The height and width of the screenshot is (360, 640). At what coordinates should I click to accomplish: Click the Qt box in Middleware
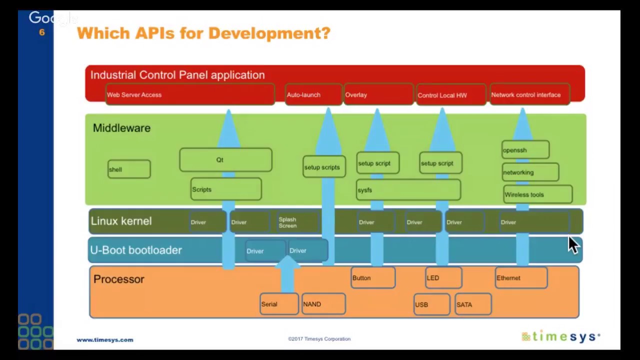click(225, 160)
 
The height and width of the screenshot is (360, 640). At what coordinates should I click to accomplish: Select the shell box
click(129, 169)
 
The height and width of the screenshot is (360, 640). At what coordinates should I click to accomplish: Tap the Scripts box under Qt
click(226, 189)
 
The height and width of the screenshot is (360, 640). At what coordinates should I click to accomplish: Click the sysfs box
click(408, 190)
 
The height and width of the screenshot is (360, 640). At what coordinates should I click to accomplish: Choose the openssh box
click(525, 150)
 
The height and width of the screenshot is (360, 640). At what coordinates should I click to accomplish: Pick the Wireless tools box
click(537, 194)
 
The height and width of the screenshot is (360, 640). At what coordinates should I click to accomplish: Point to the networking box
click(530, 172)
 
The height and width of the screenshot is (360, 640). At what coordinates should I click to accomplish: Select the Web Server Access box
click(190, 94)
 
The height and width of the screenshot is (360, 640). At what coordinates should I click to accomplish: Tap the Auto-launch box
click(313, 94)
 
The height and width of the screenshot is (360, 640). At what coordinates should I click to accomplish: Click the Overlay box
click(378, 94)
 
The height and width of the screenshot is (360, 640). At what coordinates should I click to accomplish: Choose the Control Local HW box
click(450, 95)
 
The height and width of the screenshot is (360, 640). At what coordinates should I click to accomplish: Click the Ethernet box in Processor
click(521, 278)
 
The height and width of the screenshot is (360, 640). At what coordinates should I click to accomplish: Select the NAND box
click(323, 304)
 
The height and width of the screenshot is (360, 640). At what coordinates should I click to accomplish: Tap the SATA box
click(472, 304)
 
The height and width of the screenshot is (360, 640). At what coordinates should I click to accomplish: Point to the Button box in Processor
click(372, 278)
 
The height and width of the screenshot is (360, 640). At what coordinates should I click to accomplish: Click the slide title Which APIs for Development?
click(203, 33)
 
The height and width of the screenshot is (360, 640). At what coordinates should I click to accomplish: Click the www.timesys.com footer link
click(105, 339)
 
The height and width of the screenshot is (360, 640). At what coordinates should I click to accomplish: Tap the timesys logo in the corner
click(560, 337)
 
